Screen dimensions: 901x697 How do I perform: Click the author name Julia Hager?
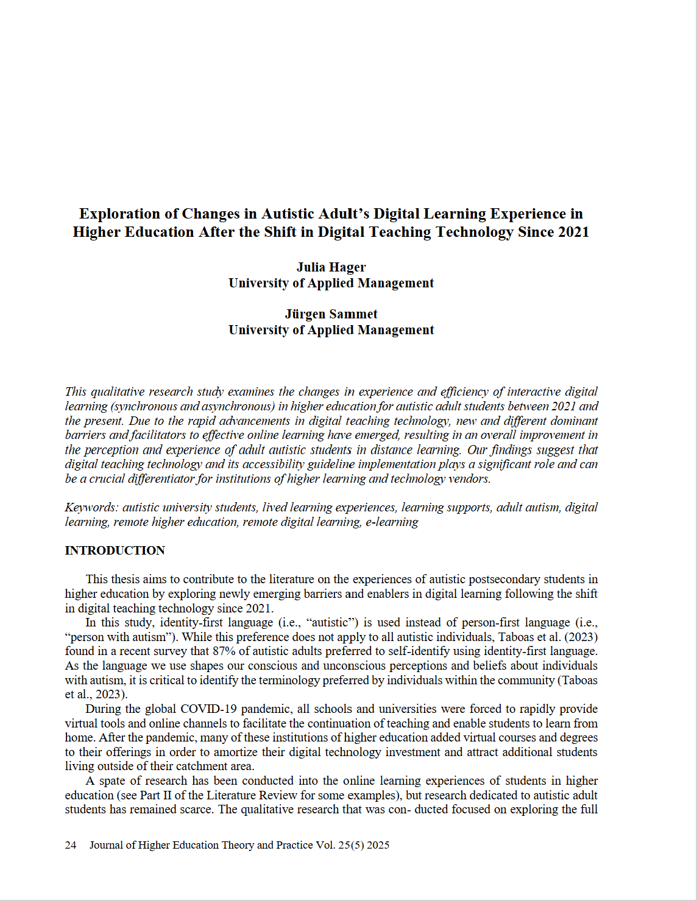coord(331,267)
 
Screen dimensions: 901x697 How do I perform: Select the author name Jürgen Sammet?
coord(331,314)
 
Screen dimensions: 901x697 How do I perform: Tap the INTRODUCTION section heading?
coord(115,550)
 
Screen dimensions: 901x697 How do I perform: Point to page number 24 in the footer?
coord(71,845)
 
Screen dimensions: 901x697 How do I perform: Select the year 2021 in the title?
coord(571,232)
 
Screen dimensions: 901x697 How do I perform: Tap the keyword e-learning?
coord(392,522)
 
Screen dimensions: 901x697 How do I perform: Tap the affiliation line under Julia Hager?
coord(331,282)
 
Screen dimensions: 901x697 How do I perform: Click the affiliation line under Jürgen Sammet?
coord(331,329)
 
